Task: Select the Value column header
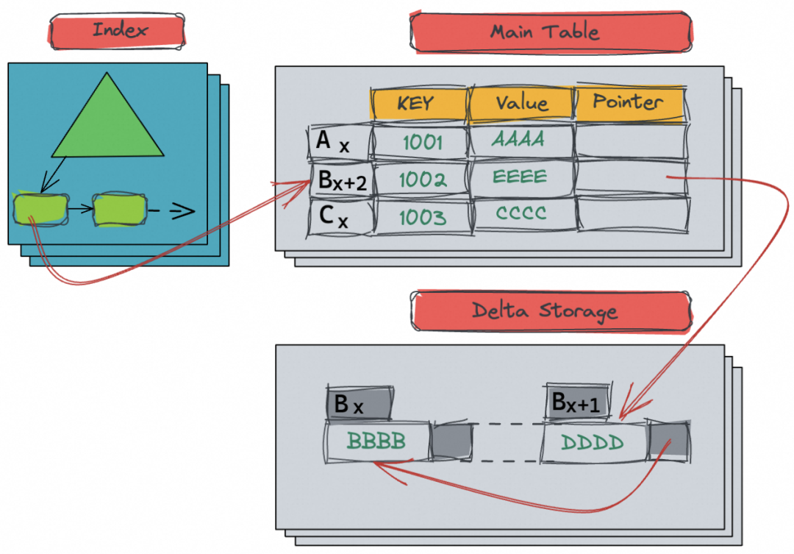click(x=521, y=102)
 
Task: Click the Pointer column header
click(x=629, y=102)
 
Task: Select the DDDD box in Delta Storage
click(x=593, y=441)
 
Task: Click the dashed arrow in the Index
click(x=174, y=211)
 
